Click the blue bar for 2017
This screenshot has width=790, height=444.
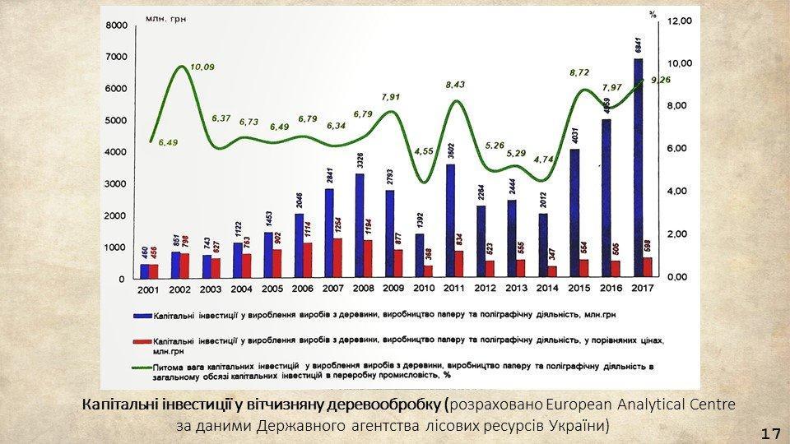(x=638, y=168)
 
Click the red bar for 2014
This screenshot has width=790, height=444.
(x=552, y=271)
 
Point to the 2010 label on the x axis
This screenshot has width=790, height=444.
(x=424, y=289)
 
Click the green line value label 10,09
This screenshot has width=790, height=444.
(x=202, y=67)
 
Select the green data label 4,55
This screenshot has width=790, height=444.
(x=425, y=151)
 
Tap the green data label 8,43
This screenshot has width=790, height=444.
(x=455, y=85)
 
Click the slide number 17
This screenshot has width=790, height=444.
(x=770, y=432)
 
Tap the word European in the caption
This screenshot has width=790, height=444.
(x=574, y=405)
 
